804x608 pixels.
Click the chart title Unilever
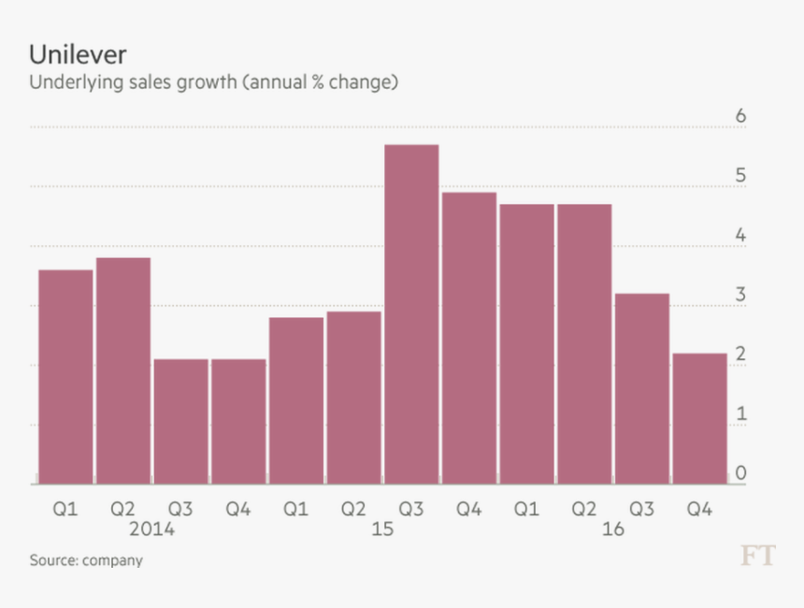pyautogui.click(x=78, y=53)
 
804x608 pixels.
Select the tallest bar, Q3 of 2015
pyautogui.click(x=411, y=314)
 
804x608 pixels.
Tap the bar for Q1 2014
pyautogui.click(x=65, y=376)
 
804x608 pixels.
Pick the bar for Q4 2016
pyautogui.click(x=699, y=418)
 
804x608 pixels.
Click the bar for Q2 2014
pyautogui.click(x=123, y=370)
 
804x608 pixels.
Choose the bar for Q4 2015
pyautogui.click(x=469, y=338)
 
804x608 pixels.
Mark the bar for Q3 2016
pyautogui.click(x=642, y=388)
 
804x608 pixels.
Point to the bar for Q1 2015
pyautogui.click(x=296, y=400)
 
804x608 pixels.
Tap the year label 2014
pyautogui.click(x=151, y=529)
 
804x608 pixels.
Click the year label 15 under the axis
pyautogui.click(x=382, y=529)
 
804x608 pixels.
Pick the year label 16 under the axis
pyautogui.click(x=612, y=529)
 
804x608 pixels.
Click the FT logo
pyautogui.click(x=758, y=557)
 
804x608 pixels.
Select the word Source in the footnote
pyautogui.click(x=53, y=560)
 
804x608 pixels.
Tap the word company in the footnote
pyautogui.click(x=112, y=560)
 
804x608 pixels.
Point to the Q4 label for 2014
pyautogui.click(x=238, y=509)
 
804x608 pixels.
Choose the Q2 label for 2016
pyautogui.click(x=584, y=509)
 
